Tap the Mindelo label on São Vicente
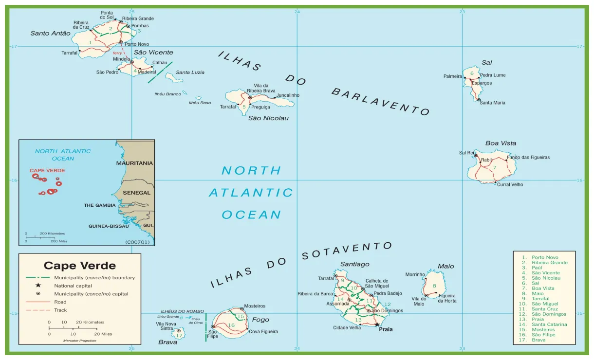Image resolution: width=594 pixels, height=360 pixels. click(x=121, y=59)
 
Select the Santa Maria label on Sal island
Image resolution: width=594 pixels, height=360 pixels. click(x=492, y=103)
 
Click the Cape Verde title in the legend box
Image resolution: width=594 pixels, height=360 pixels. click(x=80, y=266)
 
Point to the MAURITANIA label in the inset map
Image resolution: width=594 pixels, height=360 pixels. click(x=134, y=163)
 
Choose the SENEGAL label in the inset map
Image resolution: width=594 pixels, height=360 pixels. click(x=136, y=193)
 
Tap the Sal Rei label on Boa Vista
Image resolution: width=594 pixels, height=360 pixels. click(x=466, y=153)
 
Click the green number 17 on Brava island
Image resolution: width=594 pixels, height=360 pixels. click(x=179, y=336)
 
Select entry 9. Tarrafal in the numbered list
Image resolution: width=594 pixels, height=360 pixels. click(x=540, y=299)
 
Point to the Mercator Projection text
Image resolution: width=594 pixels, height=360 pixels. click(x=80, y=341)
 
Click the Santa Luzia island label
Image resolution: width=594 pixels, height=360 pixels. click(x=190, y=72)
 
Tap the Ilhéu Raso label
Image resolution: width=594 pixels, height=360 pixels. click(x=200, y=103)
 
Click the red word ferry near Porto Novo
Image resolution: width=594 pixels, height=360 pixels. click(x=117, y=53)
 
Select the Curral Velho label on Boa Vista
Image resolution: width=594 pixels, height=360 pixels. click(x=510, y=185)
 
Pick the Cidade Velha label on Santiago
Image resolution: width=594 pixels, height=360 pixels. click(x=347, y=327)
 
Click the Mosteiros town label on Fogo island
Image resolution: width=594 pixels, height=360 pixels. click(x=255, y=306)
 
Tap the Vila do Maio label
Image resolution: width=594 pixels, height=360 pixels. click(x=419, y=301)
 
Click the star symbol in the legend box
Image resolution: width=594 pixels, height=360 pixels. click(x=38, y=286)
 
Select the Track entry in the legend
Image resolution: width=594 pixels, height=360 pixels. click(x=60, y=310)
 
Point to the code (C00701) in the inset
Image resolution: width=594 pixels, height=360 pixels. click(x=138, y=242)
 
